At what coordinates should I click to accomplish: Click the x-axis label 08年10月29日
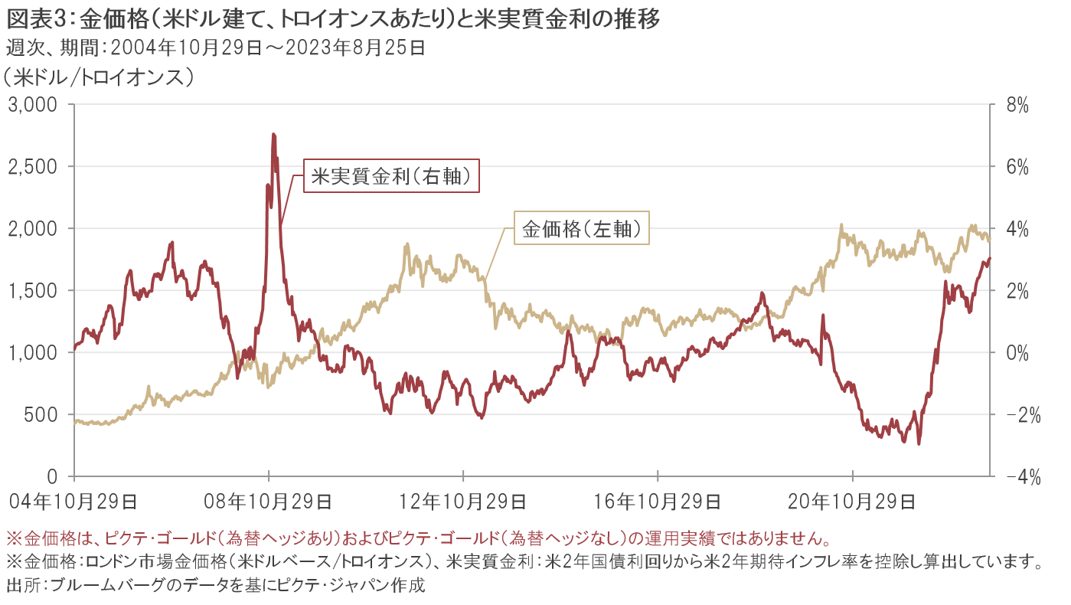click(x=269, y=502)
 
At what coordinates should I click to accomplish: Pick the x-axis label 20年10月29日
click(x=853, y=502)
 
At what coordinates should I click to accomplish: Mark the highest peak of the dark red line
click(x=273, y=135)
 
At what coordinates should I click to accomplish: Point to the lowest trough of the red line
click(x=919, y=443)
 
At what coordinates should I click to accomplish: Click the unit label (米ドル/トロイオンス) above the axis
click(x=98, y=78)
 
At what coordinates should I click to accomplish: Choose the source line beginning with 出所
click(x=214, y=587)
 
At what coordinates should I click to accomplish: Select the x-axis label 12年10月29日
click(x=464, y=502)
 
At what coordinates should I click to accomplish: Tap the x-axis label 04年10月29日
click(x=75, y=502)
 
